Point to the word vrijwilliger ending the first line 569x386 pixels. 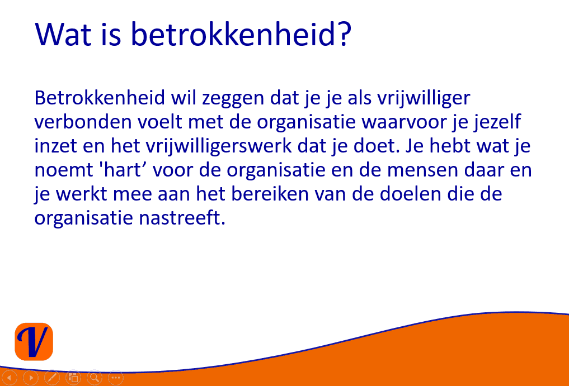click(424, 98)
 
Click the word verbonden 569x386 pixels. click(83, 122)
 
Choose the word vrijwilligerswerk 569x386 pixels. click(219, 146)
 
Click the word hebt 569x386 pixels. click(450, 146)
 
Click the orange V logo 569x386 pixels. click(34, 341)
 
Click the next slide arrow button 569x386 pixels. click(31, 378)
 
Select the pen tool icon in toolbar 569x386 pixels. click(52, 378)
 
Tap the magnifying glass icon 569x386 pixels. click(95, 378)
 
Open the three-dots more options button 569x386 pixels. click(116, 378)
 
